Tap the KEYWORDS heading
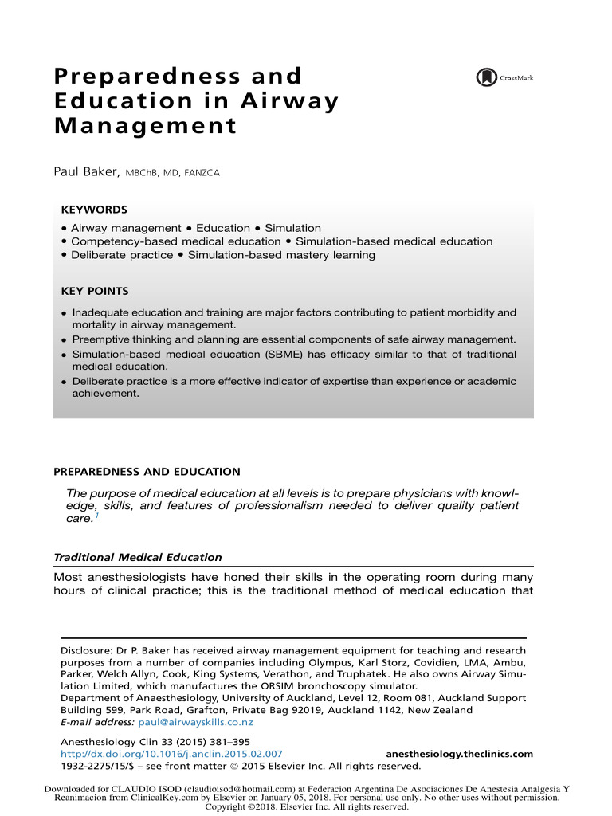click(94, 210)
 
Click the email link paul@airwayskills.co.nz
click(195, 722)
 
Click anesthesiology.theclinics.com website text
click(459, 753)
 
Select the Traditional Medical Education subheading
click(137, 557)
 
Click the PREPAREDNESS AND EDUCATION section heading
click(147, 472)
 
